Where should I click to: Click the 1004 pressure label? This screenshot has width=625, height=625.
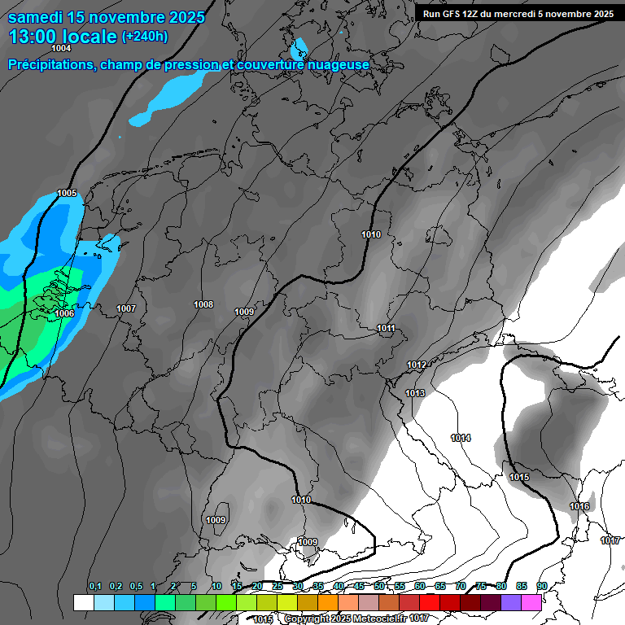(61, 49)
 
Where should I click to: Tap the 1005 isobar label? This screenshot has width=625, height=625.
(67, 194)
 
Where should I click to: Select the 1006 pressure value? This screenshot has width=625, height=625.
(64, 313)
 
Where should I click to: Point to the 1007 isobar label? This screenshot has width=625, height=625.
(126, 308)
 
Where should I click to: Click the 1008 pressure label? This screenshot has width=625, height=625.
(203, 304)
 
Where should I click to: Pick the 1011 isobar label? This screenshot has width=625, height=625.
(386, 329)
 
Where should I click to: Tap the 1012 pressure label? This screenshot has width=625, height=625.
(417, 365)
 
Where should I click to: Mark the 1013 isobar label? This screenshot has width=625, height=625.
(415, 393)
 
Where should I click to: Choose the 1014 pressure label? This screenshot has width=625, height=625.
(461, 439)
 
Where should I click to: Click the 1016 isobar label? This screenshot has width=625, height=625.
(579, 506)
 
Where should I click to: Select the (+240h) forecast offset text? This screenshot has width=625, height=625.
(145, 37)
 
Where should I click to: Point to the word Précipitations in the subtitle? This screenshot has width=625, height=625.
(50, 64)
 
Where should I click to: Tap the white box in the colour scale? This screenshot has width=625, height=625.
(83, 602)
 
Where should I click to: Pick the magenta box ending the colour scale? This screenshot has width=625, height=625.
(531, 602)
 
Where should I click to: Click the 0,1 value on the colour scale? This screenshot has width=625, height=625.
(95, 587)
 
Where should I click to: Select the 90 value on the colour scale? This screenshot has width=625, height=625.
(541, 587)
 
